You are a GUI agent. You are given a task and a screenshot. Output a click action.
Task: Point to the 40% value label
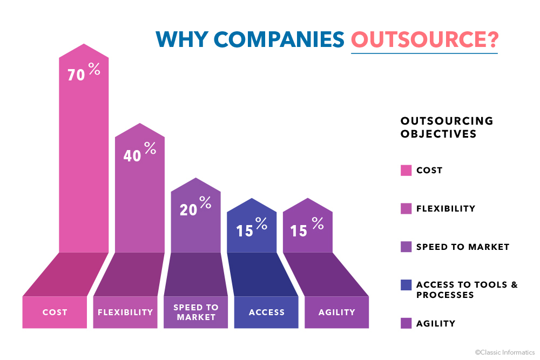[139, 153]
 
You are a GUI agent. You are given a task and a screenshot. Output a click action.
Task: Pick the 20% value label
[195, 207]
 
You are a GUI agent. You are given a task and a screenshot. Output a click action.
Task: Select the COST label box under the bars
[55, 312]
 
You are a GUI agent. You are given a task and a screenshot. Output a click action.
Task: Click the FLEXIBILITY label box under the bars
[125, 312]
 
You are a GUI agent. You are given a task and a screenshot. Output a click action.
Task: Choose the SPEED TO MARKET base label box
[196, 312]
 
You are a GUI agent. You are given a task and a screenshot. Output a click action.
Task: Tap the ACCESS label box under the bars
[266, 312]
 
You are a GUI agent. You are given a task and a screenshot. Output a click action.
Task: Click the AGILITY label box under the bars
[336, 312]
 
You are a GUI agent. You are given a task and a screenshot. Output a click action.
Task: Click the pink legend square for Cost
[406, 171]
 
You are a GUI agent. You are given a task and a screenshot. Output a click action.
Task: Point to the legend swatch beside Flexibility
[406, 208]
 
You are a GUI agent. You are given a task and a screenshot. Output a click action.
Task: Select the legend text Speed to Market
[463, 247]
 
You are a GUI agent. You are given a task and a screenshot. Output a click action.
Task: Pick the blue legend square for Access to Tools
[406, 285]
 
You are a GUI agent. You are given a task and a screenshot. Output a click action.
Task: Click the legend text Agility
[436, 324]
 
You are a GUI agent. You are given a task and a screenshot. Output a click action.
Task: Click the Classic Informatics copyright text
[504, 352]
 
